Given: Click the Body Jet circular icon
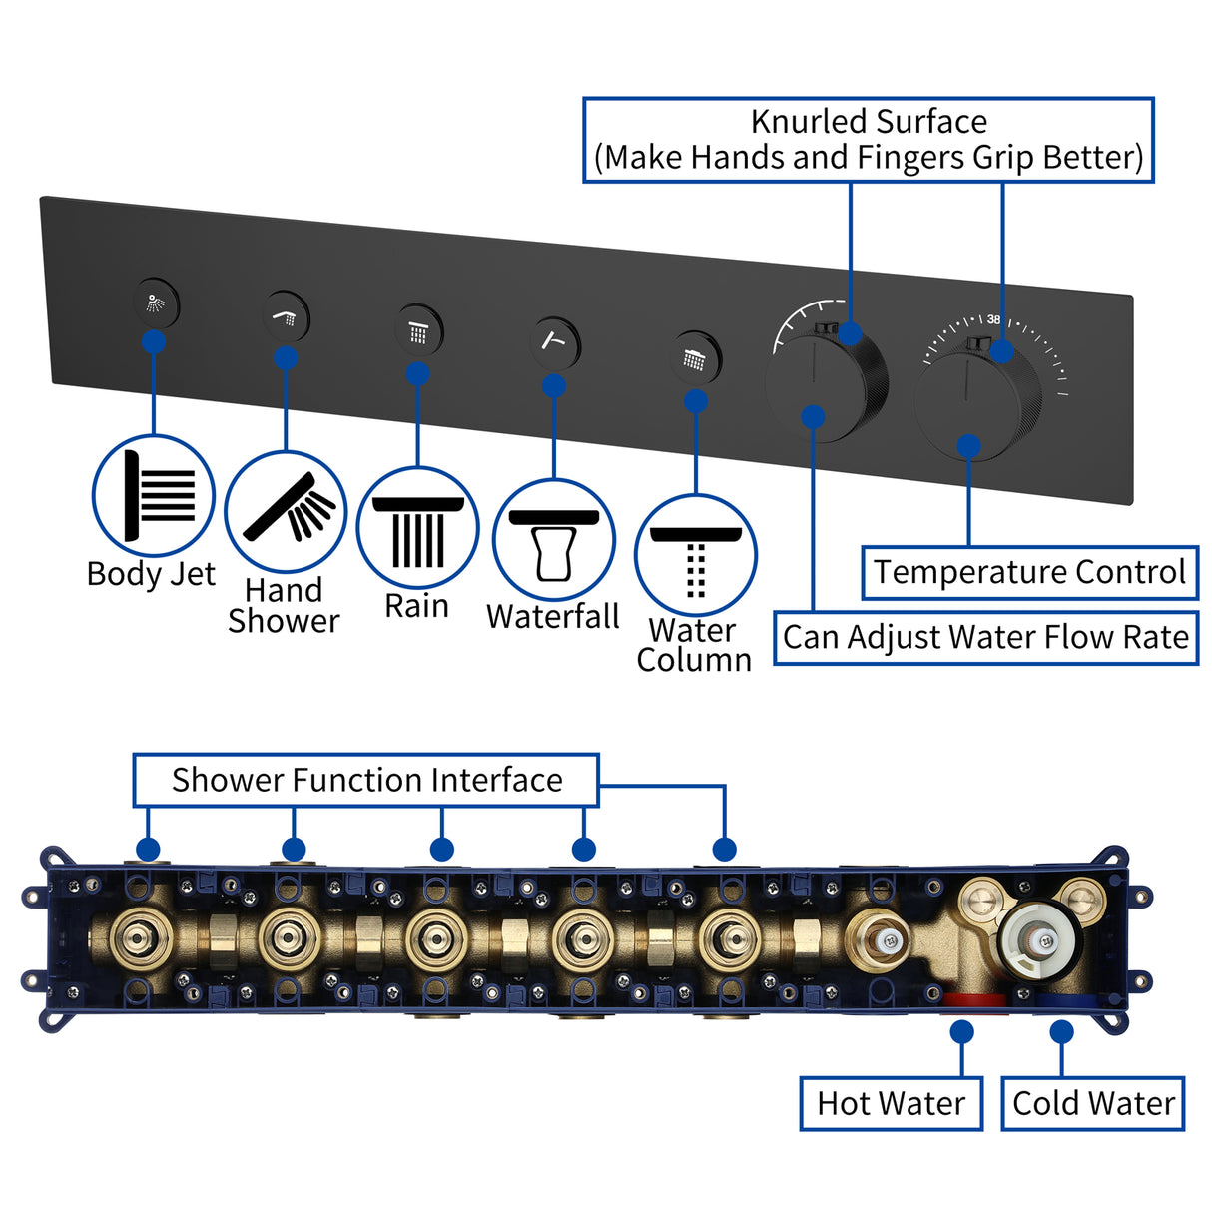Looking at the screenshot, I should click(x=154, y=495).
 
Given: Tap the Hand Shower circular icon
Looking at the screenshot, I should click(x=286, y=511).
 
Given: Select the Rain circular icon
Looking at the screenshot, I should click(x=417, y=527).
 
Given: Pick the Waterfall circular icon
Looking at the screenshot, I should click(x=554, y=540).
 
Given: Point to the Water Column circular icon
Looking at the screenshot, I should click(x=696, y=554).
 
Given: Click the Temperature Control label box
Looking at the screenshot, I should click(x=1029, y=572).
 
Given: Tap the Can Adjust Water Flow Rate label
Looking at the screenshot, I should click(x=985, y=637).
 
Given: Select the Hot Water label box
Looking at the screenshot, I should click(x=891, y=1103).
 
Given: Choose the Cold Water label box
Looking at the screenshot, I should click(x=1092, y=1103).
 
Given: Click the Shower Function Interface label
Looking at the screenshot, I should click(x=366, y=780).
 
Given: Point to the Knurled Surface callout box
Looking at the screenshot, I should click(x=869, y=140).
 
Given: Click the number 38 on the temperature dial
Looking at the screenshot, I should click(x=993, y=320).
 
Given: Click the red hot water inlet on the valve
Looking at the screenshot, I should click(x=974, y=999).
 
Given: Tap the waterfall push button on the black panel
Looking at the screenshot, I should click(x=555, y=342).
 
